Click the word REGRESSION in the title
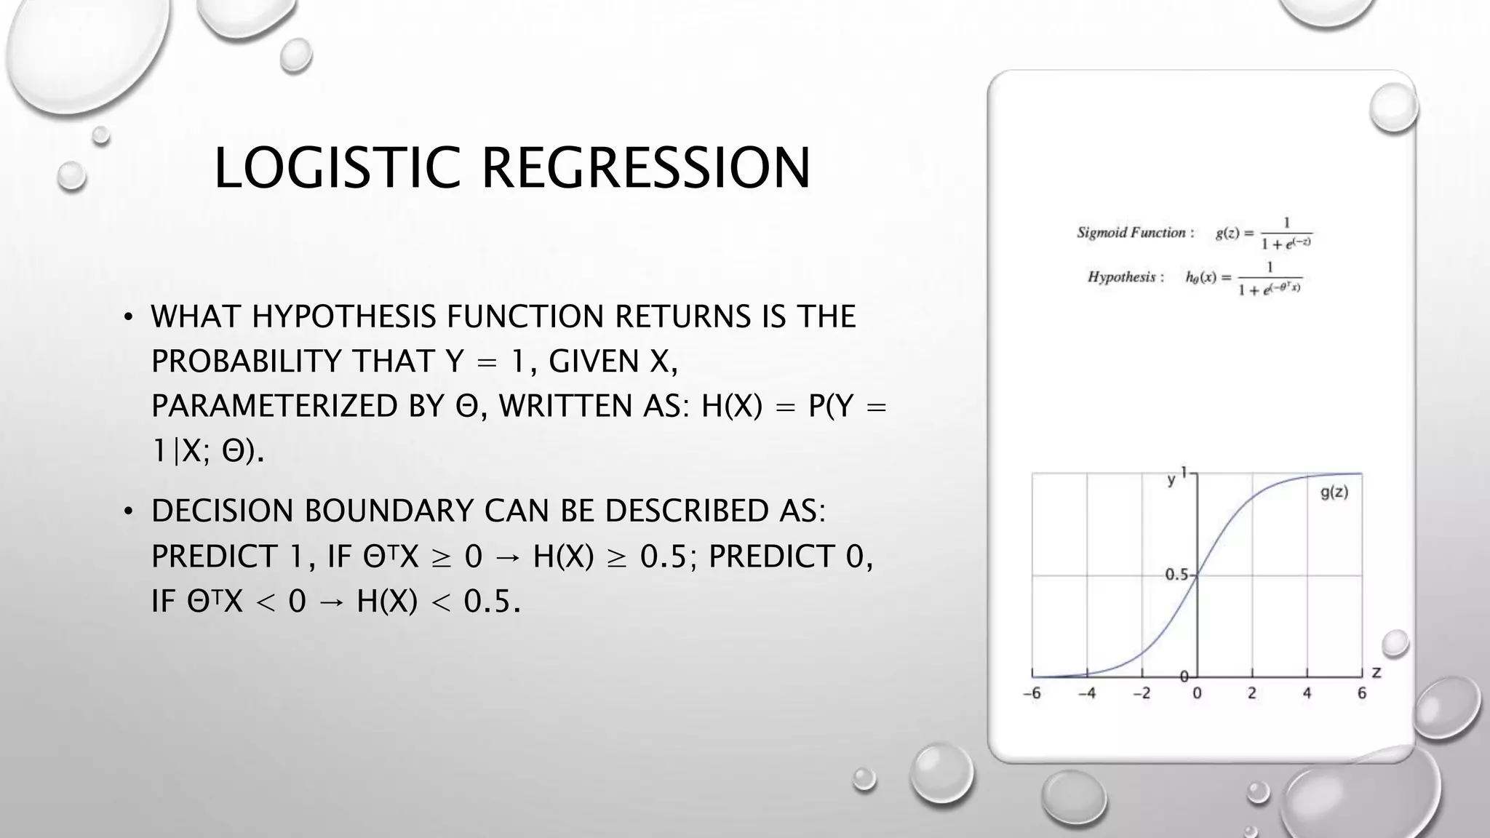[645, 168]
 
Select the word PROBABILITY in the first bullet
[246, 362]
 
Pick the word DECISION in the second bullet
[222, 511]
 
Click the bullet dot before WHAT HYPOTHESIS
[128, 318]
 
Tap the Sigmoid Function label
[1135, 233]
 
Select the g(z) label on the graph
[1334, 492]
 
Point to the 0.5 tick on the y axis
[1176, 575]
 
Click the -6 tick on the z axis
[1032, 693]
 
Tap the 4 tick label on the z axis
[1307, 693]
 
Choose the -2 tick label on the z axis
[1141, 693]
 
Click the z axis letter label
[1376, 673]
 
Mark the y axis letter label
[1171, 479]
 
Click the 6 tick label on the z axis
[1361, 693]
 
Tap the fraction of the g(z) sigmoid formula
[1286, 234]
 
